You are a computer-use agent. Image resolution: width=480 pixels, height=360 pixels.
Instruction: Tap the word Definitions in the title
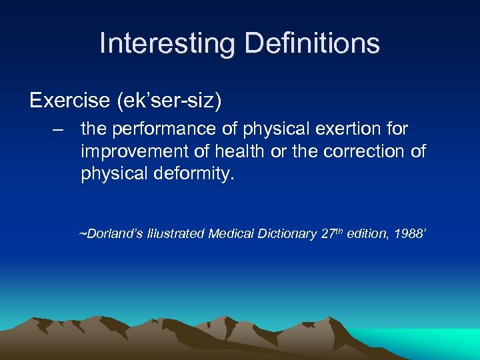coord(313,43)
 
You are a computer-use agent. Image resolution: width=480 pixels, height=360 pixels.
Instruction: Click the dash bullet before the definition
coord(61,128)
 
